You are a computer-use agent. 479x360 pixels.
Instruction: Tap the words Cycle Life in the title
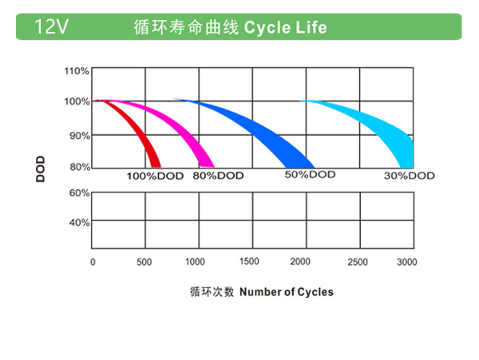pyautogui.click(x=285, y=27)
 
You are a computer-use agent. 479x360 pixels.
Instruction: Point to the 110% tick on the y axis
pyautogui.click(x=77, y=71)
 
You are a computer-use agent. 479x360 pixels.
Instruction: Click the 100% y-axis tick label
pyautogui.click(x=77, y=101)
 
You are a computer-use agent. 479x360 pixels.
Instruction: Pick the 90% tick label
pyautogui.click(x=79, y=136)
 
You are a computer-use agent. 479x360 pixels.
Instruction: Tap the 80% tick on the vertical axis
pyautogui.click(x=79, y=167)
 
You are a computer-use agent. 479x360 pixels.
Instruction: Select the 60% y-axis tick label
pyautogui.click(x=79, y=193)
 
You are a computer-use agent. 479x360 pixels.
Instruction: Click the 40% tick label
pyautogui.click(x=79, y=223)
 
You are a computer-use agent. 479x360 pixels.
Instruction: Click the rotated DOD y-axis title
pyautogui.click(x=40, y=169)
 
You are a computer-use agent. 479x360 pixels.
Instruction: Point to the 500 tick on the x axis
pyautogui.click(x=144, y=262)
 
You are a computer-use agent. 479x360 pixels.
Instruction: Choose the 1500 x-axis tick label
pyautogui.click(x=249, y=261)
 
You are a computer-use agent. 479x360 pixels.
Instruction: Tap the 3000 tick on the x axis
pyautogui.click(x=406, y=262)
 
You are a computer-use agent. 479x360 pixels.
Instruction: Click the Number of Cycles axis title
pyautogui.click(x=286, y=292)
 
